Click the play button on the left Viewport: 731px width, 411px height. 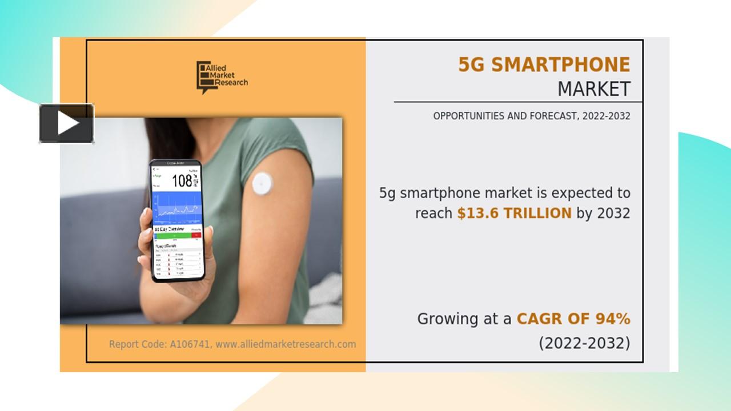pyautogui.click(x=66, y=123)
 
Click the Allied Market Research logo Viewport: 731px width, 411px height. pyautogui.click(x=222, y=77)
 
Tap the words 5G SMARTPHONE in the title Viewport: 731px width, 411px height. pyautogui.click(x=544, y=65)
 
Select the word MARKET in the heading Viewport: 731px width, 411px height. pyautogui.click(x=593, y=89)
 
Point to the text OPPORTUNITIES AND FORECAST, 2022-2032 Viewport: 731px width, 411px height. pyautogui.click(x=531, y=116)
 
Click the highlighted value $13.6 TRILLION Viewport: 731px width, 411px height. pyautogui.click(x=514, y=213)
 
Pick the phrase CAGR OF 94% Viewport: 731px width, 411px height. pyautogui.click(x=573, y=319)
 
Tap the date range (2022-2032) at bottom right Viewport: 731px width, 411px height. pyautogui.click(x=584, y=343)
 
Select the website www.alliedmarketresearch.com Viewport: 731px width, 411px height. pyautogui.click(x=286, y=344)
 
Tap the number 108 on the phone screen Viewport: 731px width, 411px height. pyautogui.click(x=182, y=182)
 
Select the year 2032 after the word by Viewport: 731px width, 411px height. pyautogui.click(x=613, y=213)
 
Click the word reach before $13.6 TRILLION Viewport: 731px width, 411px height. pyautogui.click(x=433, y=213)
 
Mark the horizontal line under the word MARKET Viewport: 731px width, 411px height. pyautogui.click(x=517, y=102)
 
